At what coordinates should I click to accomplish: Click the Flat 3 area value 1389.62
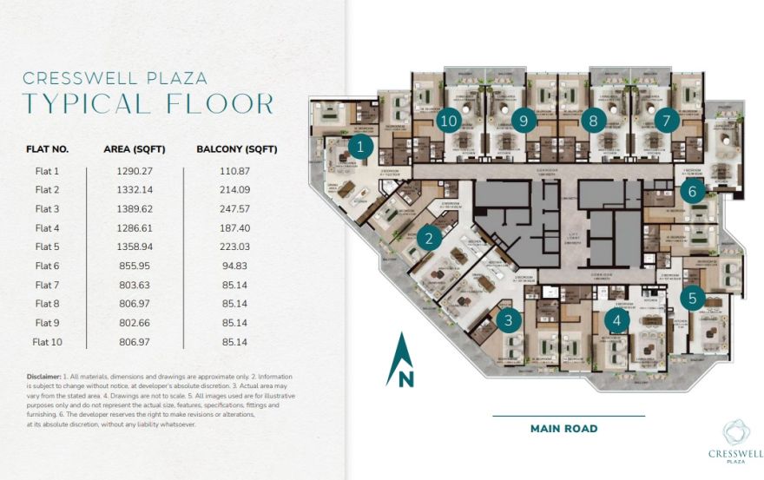click(128, 209)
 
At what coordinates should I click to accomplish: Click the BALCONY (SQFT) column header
click(237, 149)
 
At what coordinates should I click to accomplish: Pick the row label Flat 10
click(48, 342)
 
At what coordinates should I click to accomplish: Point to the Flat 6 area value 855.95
click(128, 266)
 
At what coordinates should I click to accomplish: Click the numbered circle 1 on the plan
click(360, 148)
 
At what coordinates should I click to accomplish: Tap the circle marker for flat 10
click(448, 121)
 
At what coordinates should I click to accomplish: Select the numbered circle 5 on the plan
click(692, 298)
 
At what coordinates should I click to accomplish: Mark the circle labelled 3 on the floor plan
click(509, 320)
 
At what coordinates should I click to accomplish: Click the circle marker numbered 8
click(593, 121)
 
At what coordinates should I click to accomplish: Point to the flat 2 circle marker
click(428, 237)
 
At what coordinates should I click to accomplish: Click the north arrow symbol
click(399, 359)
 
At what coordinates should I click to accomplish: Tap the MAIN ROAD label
click(563, 429)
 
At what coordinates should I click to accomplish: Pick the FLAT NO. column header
click(48, 149)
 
